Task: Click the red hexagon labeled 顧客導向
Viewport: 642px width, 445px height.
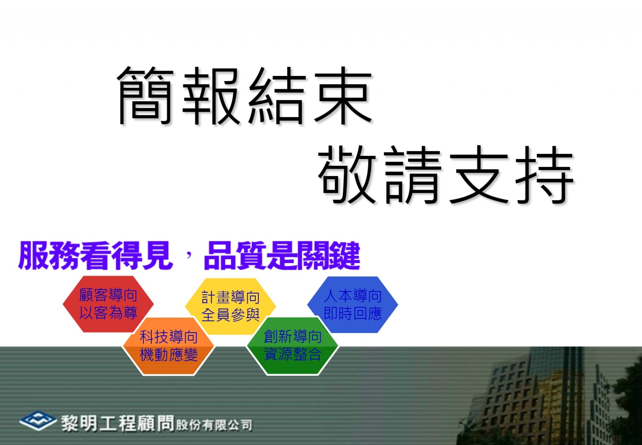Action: tap(108, 304)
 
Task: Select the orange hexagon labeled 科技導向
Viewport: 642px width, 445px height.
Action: tap(169, 346)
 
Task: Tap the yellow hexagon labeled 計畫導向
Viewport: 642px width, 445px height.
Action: tap(230, 306)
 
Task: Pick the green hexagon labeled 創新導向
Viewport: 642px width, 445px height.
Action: tap(293, 345)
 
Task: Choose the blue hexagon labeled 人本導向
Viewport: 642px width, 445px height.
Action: tap(353, 304)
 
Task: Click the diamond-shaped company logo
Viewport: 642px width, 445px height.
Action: tap(38, 421)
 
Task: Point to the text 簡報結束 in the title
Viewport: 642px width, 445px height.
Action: tap(244, 96)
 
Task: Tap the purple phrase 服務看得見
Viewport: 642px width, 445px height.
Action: tap(96, 255)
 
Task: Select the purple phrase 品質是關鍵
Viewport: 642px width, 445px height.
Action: tap(282, 255)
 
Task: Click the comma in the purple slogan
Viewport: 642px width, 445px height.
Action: tap(189, 254)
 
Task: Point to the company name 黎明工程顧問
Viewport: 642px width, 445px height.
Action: tap(118, 423)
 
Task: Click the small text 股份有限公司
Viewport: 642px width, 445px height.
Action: tap(214, 425)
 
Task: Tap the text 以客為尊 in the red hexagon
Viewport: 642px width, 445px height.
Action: tap(108, 312)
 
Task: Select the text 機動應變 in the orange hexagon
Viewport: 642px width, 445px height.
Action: tap(169, 355)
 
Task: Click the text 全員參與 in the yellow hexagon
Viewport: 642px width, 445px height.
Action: tap(231, 315)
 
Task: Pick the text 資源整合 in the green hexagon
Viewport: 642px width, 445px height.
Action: tap(293, 354)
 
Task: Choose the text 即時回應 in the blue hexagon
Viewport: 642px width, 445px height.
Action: tap(353, 313)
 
